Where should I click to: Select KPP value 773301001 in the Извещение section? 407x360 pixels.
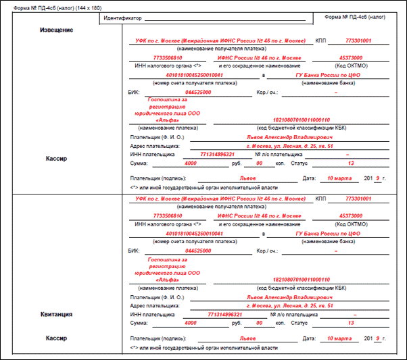pos(358,41)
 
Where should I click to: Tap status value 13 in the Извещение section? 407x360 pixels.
pos(350,163)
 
